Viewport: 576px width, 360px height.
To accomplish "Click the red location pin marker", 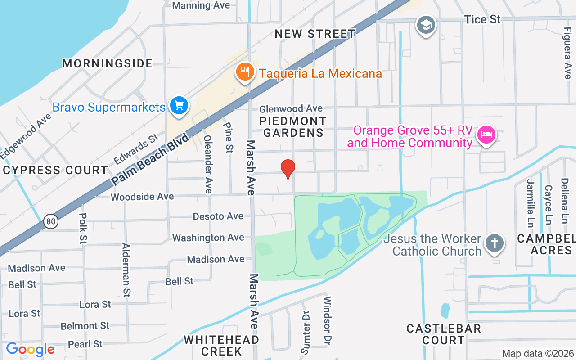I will click(x=288, y=169).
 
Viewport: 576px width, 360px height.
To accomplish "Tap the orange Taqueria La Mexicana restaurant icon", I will click(x=244, y=72).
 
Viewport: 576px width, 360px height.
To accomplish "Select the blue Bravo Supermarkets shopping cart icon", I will click(x=179, y=106).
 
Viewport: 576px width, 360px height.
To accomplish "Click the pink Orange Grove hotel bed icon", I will click(x=486, y=134).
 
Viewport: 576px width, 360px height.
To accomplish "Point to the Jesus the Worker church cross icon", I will click(x=494, y=244).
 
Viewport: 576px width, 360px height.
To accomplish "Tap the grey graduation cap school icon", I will click(x=425, y=24).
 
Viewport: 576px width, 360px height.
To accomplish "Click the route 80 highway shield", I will click(x=51, y=221).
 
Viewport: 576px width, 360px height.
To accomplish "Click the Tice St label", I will click(x=482, y=19).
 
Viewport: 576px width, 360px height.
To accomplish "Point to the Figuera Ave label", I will click(x=567, y=53).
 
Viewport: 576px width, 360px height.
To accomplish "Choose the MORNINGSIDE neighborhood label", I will click(x=108, y=63).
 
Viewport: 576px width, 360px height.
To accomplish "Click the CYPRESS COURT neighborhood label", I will click(x=55, y=171).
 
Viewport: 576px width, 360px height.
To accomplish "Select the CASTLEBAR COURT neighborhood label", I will click(x=444, y=334).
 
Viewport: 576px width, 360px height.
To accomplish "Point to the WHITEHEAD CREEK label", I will click(x=221, y=345).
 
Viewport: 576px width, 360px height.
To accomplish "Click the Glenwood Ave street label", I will click(x=291, y=108).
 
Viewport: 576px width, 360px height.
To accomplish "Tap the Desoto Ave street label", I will click(x=218, y=216).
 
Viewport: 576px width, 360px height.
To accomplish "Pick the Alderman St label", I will click(x=126, y=270).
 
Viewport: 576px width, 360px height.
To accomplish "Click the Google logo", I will click(x=30, y=349).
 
